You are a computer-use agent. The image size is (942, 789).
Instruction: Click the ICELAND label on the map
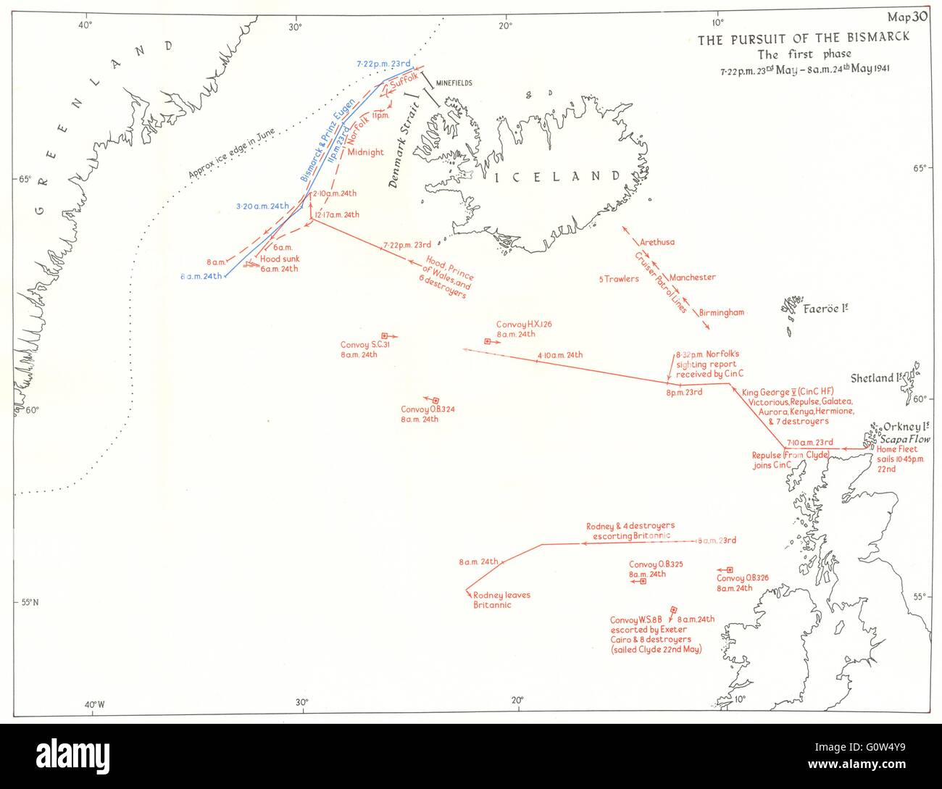coord(556,176)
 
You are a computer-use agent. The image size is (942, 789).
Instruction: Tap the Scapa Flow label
coord(910,438)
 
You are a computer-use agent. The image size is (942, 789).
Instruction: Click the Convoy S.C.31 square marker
coord(385,335)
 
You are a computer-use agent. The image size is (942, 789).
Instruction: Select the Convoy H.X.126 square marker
coord(488,341)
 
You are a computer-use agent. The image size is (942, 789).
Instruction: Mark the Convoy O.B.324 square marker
coord(436,400)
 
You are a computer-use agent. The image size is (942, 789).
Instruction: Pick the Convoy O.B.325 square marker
coord(643,581)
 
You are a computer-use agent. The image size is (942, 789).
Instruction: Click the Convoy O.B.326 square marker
coord(730,570)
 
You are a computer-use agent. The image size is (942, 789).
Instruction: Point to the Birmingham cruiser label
coord(722,312)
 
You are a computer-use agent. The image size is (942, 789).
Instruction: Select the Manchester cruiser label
coord(692,277)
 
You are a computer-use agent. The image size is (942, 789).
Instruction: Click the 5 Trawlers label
coord(619,279)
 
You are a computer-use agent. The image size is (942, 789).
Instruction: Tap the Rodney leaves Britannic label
coord(501,600)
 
